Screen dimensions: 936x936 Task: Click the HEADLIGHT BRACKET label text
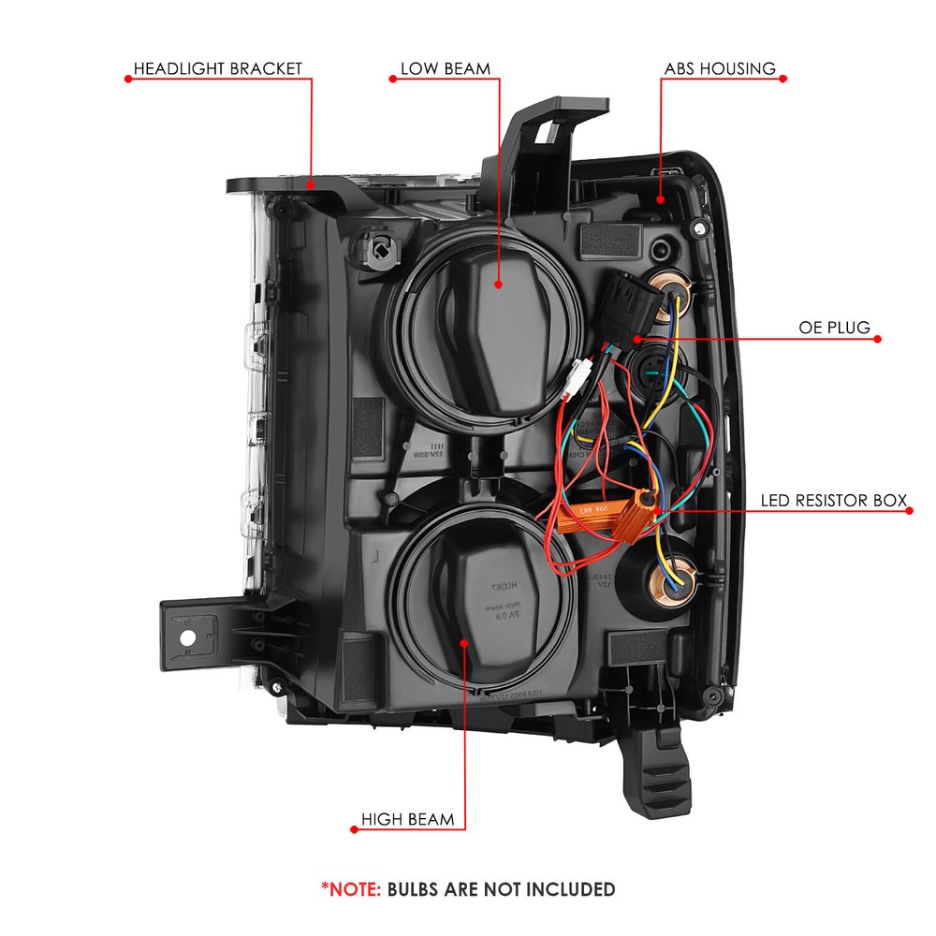tap(218, 68)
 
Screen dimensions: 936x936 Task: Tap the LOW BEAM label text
tap(445, 68)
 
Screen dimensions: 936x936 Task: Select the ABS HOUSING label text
tap(720, 68)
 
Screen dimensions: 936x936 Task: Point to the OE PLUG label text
tap(834, 328)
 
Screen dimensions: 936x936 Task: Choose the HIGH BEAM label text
tap(407, 820)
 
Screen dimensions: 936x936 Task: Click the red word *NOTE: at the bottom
tap(351, 888)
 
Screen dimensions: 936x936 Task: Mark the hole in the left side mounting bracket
tap(187, 637)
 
